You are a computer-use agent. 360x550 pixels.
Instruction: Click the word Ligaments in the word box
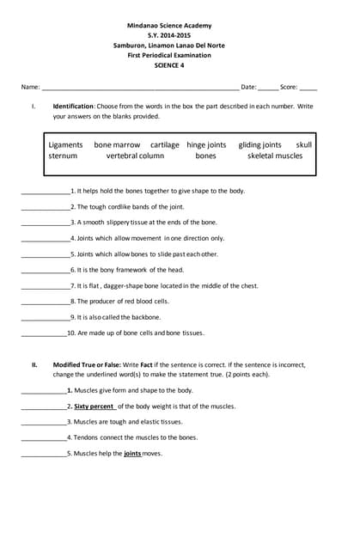pos(66,145)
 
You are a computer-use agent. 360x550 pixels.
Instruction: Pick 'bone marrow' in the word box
pos(117,145)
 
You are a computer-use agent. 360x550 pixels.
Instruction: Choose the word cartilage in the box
pos(165,145)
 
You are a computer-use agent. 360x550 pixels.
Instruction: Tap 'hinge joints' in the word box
pos(206,145)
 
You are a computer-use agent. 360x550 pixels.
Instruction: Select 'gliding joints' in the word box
pos(259,145)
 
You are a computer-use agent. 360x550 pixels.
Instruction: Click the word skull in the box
pos(304,145)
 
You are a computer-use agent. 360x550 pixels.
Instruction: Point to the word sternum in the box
pos(63,156)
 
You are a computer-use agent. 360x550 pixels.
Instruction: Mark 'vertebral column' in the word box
pos(135,156)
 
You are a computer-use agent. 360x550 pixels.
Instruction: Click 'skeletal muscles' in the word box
pos(275,156)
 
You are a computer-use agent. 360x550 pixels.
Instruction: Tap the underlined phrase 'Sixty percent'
pos(94,406)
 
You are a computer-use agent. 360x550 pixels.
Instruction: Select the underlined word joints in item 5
pos(132,453)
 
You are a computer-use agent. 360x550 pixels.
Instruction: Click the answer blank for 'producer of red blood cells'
pos(45,302)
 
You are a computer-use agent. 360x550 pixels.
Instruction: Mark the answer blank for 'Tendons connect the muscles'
pos(43,437)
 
